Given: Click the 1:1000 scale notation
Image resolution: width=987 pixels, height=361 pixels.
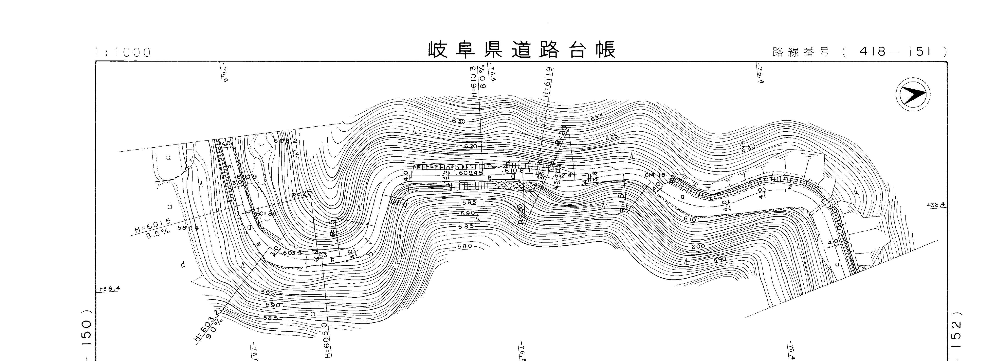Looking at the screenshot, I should (123, 52).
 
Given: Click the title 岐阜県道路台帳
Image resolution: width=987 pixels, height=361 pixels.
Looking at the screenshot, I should (522, 50).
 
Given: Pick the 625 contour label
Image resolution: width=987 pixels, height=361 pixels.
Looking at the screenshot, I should (612, 137).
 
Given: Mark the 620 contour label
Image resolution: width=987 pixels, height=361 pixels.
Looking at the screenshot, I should (470, 146).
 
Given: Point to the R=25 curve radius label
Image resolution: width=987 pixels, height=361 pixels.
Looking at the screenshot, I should (301, 195).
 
